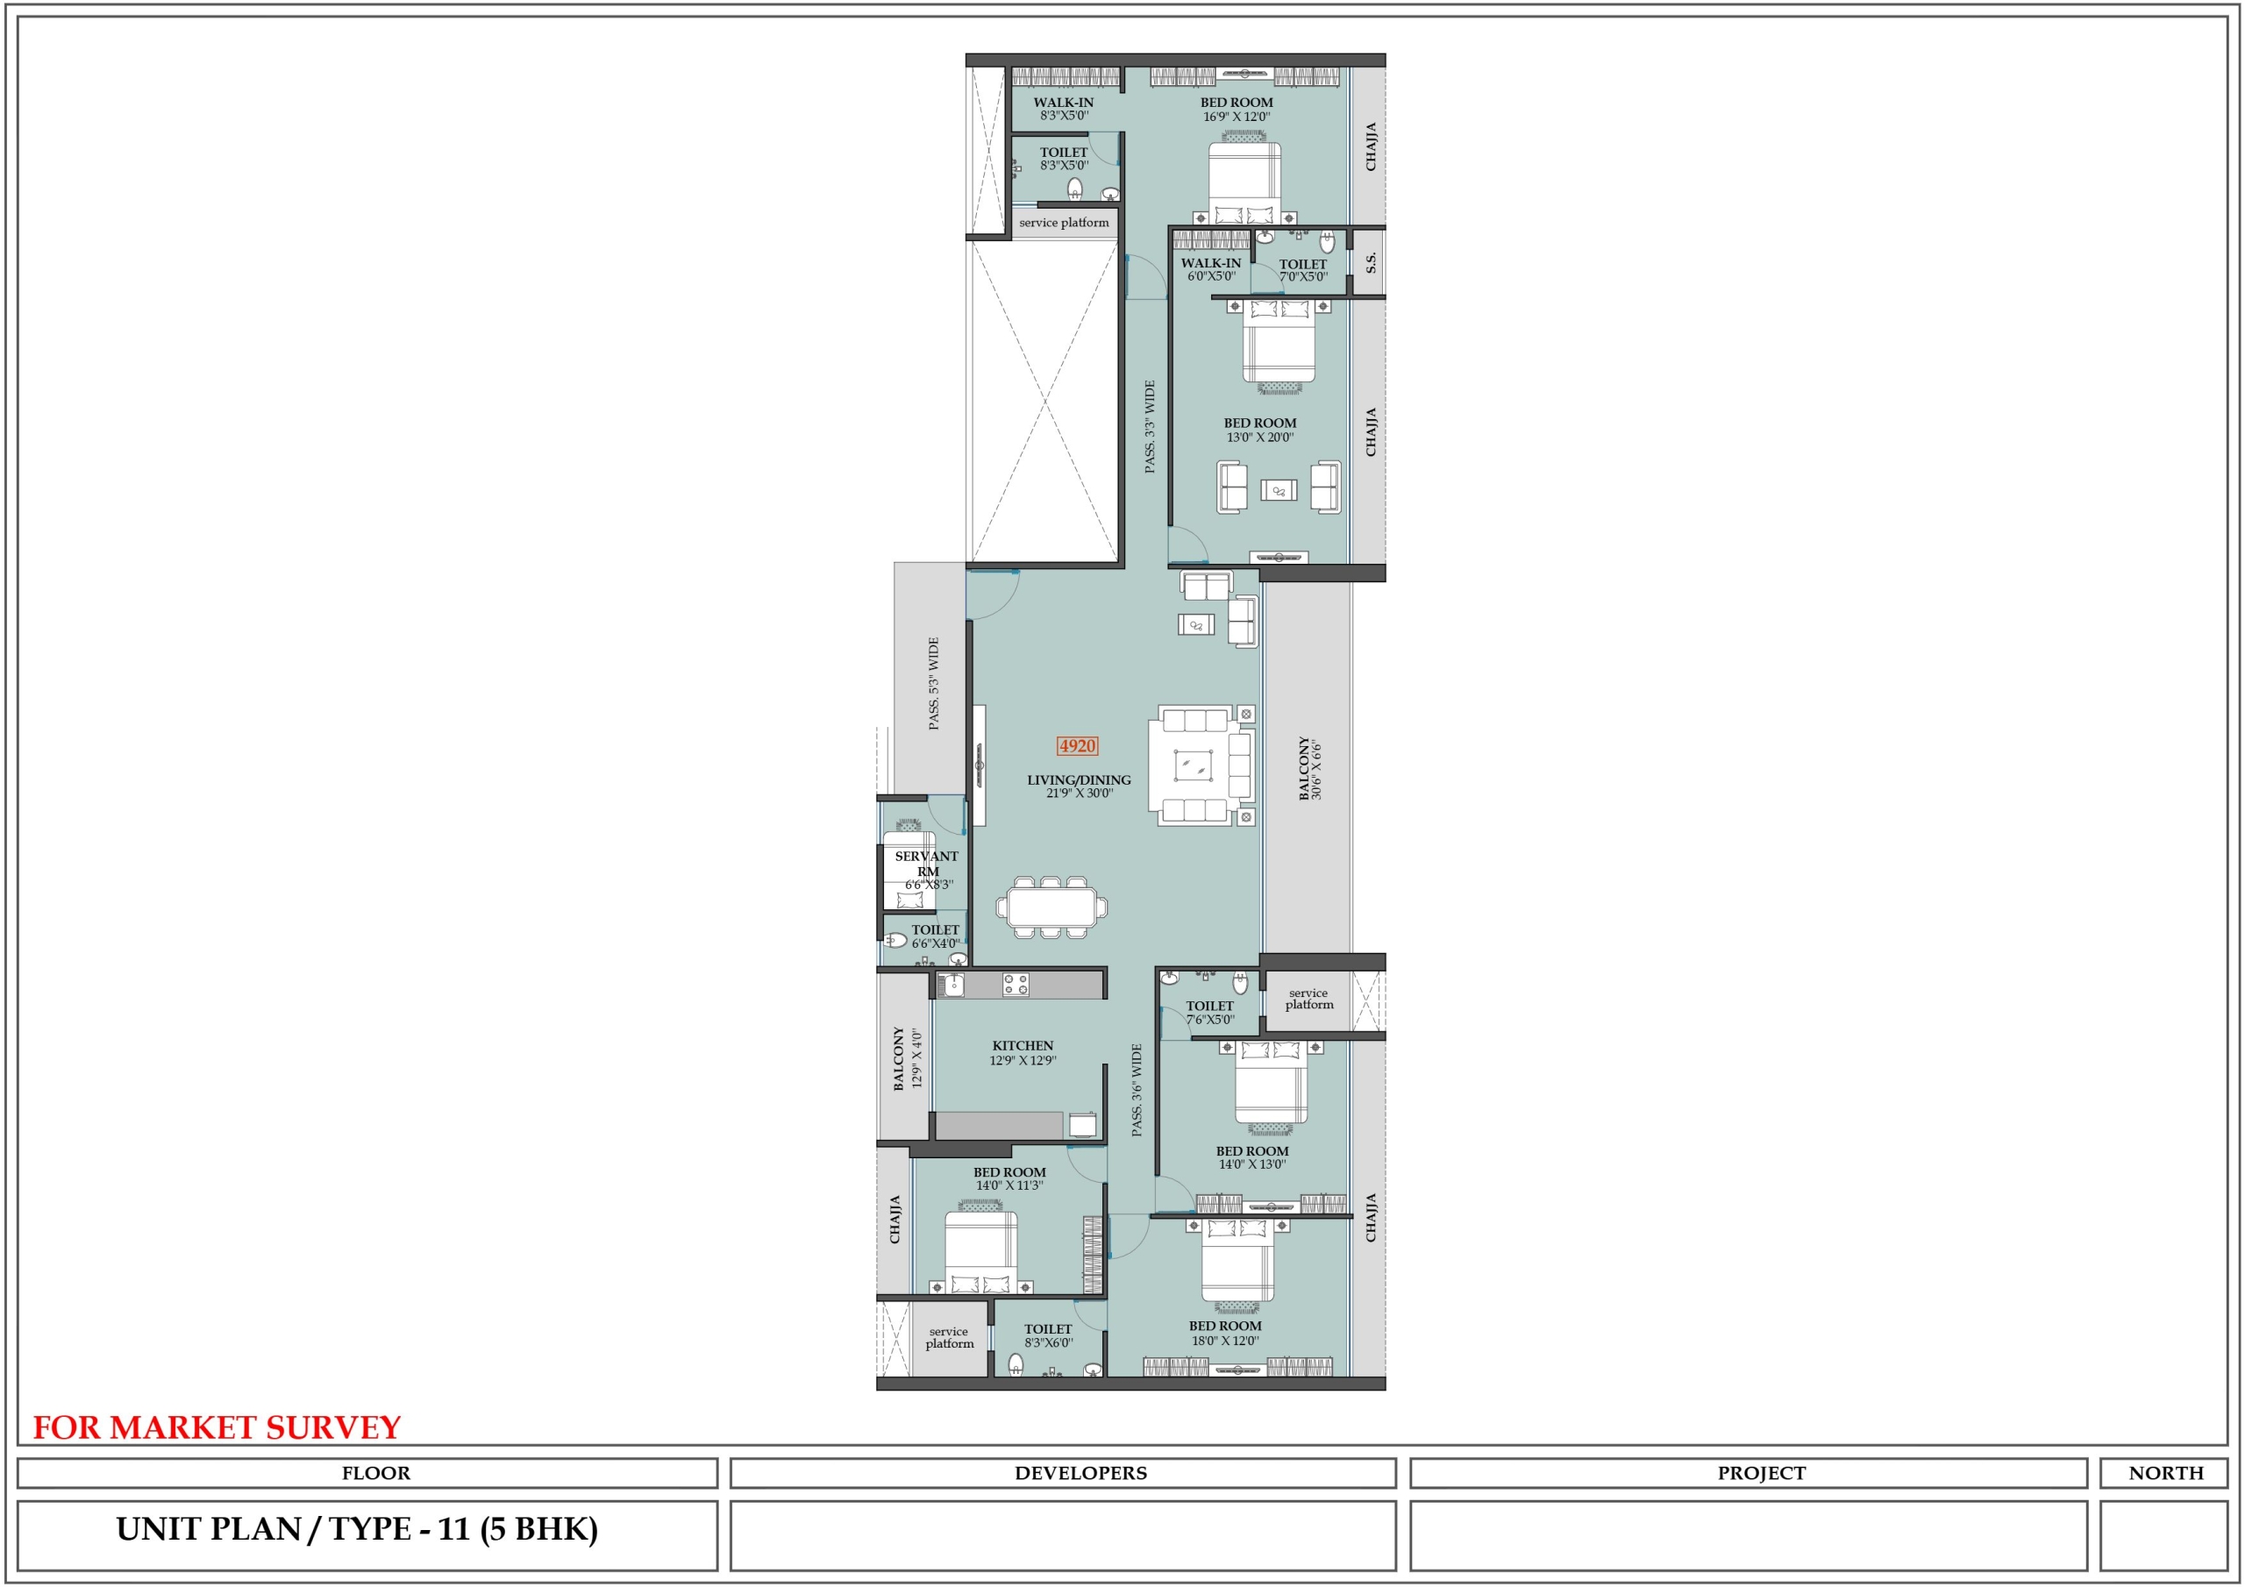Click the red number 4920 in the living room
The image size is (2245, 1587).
(x=1077, y=746)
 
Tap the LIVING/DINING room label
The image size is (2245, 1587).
(x=1079, y=786)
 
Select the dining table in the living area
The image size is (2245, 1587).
(x=1051, y=907)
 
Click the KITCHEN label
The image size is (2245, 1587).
(x=1023, y=1052)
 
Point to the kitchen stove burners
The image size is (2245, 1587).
(x=1016, y=985)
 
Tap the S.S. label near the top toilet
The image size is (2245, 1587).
(x=1371, y=262)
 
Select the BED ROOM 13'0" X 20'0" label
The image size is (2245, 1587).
(x=1260, y=431)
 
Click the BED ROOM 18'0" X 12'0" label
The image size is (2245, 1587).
(x=1225, y=1333)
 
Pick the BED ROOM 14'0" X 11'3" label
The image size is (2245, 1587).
(x=1009, y=1178)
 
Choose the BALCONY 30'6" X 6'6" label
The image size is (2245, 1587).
(x=1310, y=769)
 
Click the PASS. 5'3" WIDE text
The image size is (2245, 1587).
(x=934, y=684)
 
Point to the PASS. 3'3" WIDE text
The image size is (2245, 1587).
(x=1150, y=427)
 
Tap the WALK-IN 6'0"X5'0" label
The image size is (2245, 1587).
(x=1210, y=270)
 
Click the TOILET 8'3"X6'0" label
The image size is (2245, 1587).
(x=1048, y=1335)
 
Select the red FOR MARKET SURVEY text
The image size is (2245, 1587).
(x=217, y=1428)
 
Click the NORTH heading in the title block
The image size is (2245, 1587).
(x=2166, y=1474)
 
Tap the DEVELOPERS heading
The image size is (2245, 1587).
(x=1080, y=1474)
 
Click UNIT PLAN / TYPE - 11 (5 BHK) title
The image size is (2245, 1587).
(x=357, y=1529)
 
